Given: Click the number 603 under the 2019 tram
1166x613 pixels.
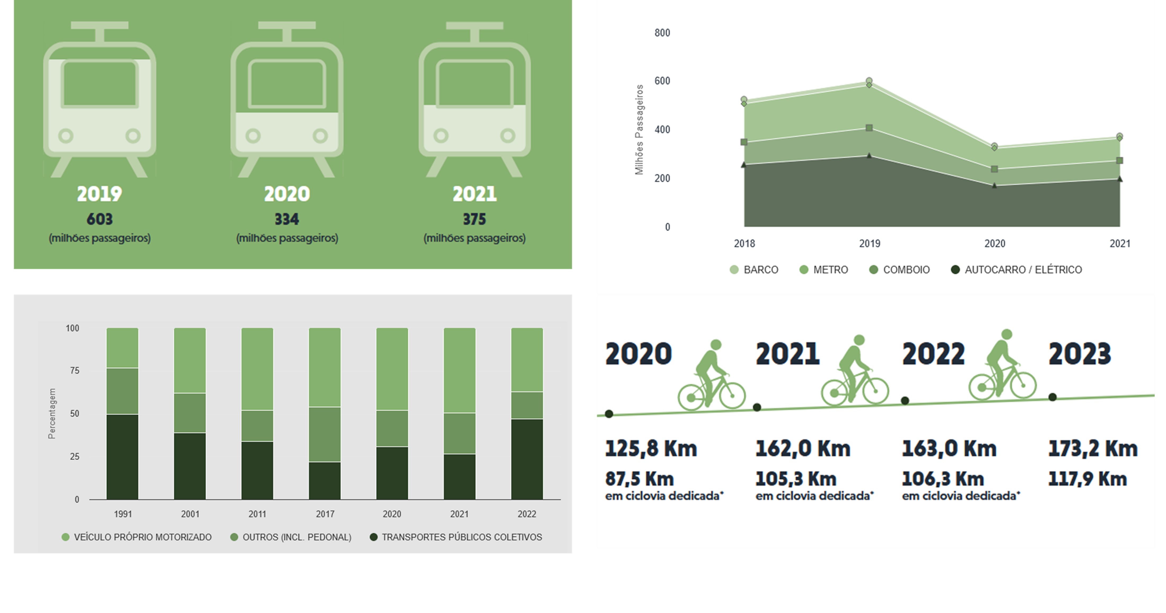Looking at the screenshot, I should pyautogui.click(x=100, y=219).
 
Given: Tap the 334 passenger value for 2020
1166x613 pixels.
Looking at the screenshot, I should pyautogui.click(x=287, y=219).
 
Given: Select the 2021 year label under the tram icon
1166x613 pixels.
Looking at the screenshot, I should pyautogui.click(x=474, y=194).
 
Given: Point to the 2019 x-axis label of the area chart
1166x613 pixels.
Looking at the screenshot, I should pyautogui.click(x=870, y=244).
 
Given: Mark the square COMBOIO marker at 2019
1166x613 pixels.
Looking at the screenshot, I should pyautogui.click(x=869, y=128).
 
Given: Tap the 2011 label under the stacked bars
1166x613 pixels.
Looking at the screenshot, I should pyautogui.click(x=257, y=514).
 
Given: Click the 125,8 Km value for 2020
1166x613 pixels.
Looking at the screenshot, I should pyautogui.click(x=651, y=449).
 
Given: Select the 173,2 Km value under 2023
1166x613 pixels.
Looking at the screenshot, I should pyautogui.click(x=1093, y=449).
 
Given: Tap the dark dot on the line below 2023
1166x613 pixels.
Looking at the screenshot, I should pyautogui.click(x=1052, y=397).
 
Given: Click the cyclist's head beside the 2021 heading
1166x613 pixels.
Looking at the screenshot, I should pyautogui.click(x=859, y=340).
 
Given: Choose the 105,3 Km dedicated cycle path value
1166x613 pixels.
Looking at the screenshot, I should pyautogui.click(x=796, y=479).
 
